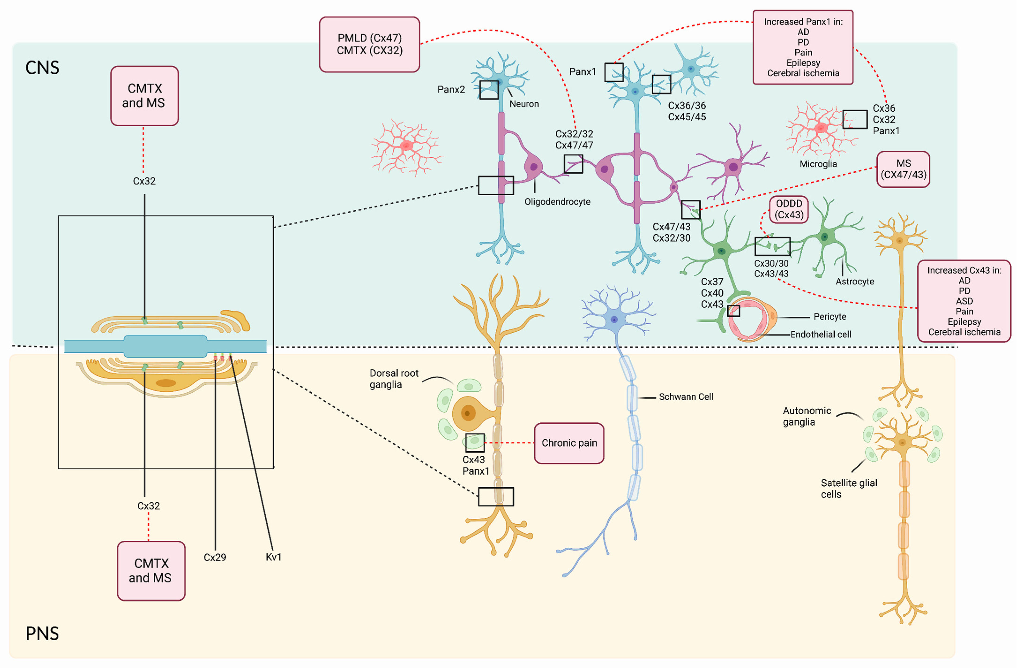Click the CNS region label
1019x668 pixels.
tap(42, 68)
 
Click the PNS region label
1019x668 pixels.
tap(42, 633)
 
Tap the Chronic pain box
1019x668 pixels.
tap(569, 443)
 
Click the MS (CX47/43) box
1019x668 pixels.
tap(904, 169)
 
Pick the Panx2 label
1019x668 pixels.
tap(451, 90)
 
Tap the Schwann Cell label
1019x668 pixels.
tap(686, 397)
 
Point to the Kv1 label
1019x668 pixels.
tap(273, 557)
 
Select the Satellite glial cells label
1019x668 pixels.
tap(849, 488)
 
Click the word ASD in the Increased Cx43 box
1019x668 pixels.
tap(964, 301)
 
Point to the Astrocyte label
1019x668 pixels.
tap(855, 282)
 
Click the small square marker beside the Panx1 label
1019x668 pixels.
tap(614, 72)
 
